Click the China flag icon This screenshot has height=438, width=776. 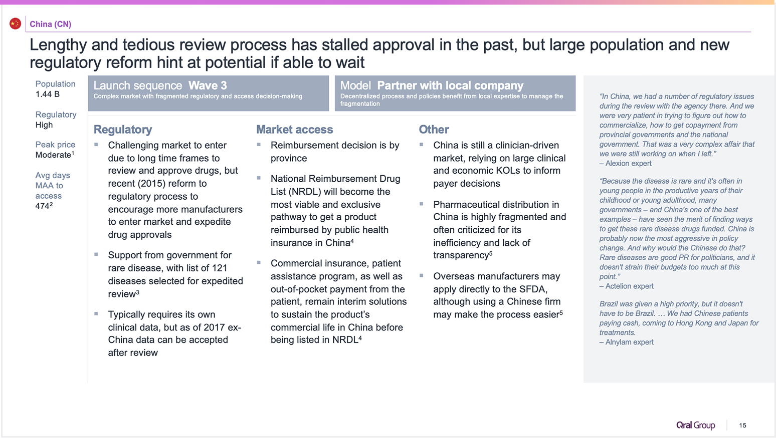pos(15,24)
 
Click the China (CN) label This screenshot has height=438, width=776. pos(51,24)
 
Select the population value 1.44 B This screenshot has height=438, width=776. pos(48,94)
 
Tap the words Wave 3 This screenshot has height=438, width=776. pos(208,85)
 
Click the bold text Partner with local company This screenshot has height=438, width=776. pos(450,85)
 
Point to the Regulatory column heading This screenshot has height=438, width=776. pos(123,129)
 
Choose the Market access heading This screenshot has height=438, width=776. pos(294,129)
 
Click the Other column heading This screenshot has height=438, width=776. pos(434,129)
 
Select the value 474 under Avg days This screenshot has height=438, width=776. pos(42,206)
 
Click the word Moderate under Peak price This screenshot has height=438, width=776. pos(53,155)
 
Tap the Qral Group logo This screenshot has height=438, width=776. pos(696,425)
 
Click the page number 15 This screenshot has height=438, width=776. pos(742,425)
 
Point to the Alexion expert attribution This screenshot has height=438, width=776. pos(625,163)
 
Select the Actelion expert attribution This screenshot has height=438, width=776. pos(626,286)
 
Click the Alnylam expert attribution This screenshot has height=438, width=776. pos(626,342)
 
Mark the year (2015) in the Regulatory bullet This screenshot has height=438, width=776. pos(147,183)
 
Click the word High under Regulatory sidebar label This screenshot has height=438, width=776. pos(44,125)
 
